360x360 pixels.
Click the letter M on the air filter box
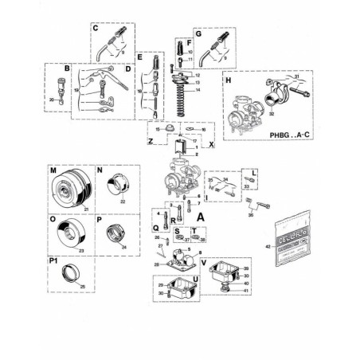tap(53, 170)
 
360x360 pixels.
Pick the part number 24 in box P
tap(123, 247)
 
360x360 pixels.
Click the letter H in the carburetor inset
tap(229, 82)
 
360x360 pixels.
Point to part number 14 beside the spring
tap(197, 91)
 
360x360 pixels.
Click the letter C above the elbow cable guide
tap(95, 28)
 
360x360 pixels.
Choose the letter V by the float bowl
tap(204, 262)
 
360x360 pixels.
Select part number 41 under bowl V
tap(246, 291)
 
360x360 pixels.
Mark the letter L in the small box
tap(253, 172)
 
